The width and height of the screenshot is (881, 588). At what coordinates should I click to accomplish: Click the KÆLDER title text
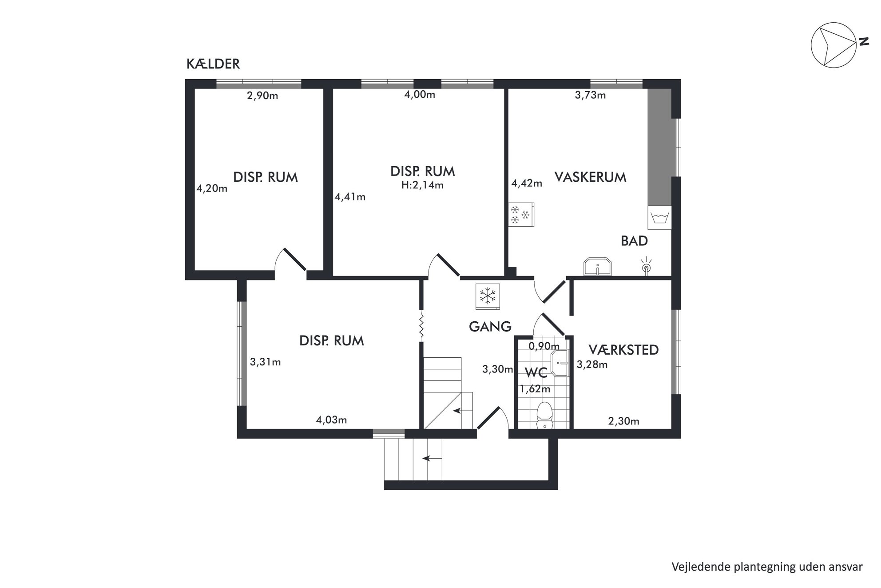click(213, 64)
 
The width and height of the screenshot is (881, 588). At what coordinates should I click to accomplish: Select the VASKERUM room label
click(590, 177)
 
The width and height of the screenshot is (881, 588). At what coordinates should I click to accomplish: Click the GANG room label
click(490, 327)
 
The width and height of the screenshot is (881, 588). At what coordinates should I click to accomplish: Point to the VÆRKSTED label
click(623, 350)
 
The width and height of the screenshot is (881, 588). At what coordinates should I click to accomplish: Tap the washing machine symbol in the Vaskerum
click(659, 218)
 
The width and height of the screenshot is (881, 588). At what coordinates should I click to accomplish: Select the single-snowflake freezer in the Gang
click(488, 296)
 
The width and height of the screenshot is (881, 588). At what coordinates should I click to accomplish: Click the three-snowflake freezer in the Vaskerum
click(521, 214)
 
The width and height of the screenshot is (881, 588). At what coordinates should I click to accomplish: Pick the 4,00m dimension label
click(420, 95)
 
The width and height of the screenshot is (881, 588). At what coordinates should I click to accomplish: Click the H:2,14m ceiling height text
click(422, 185)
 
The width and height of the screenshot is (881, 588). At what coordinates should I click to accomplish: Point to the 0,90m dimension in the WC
click(544, 346)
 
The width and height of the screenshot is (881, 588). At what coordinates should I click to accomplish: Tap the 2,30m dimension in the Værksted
click(623, 421)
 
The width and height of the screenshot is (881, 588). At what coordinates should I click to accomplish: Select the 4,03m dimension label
click(331, 420)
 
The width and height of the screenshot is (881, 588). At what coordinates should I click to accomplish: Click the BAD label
click(634, 241)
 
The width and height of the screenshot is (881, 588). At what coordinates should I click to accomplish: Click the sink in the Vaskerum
click(598, 267)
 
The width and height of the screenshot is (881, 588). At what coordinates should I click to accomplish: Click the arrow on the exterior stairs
click(432, 458)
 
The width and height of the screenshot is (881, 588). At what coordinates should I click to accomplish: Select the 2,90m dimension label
click(262, 96)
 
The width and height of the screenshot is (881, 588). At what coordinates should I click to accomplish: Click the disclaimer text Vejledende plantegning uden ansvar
click(767, 567)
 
